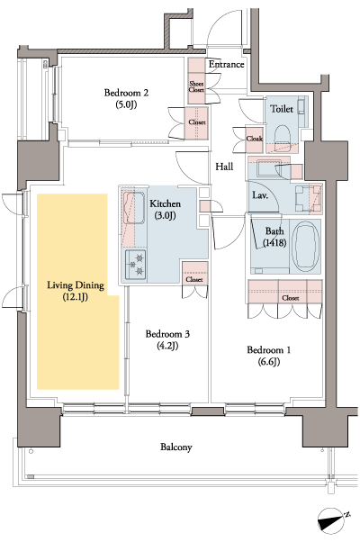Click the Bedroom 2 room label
coord(126,93)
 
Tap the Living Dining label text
coord(76,285)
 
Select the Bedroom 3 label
coord(168,335)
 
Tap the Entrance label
coord(227,65)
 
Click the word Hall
coord(225,167)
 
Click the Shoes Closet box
coord(196,86)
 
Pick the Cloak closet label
coord(255,140)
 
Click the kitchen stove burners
coord(139,262)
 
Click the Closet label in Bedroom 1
coord(290,296)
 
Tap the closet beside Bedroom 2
coord(196,123)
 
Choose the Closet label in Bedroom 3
coord(194,280)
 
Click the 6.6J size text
coord(269,362)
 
